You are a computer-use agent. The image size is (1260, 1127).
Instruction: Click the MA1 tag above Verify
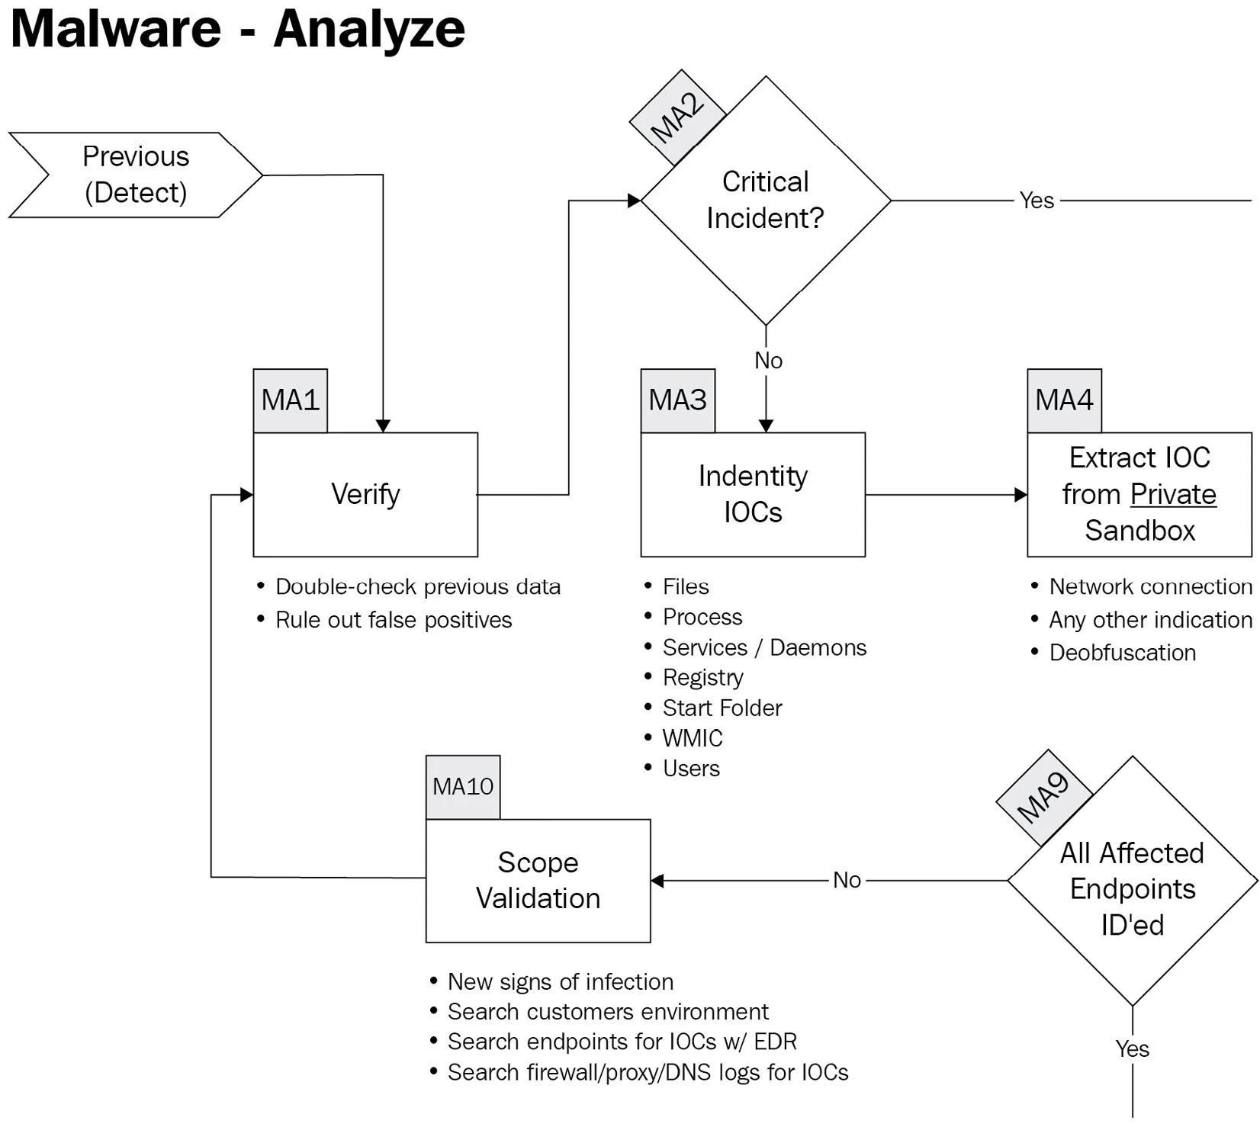pos(291,400)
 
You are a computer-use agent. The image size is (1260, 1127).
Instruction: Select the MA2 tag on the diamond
pos(677,118)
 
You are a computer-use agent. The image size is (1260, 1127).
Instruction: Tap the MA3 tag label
pos(678,400)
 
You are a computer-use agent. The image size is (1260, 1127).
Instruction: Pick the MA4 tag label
pos(1064,400)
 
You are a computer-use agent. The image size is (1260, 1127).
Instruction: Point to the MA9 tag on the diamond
pos(1044,798)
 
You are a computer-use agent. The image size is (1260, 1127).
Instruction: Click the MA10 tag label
pos(463,787)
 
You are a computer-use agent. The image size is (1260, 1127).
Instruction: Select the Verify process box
pos(365,494)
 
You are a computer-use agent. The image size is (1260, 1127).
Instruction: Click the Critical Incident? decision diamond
pos(766,201)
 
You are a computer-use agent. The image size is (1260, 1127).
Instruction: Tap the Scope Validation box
pos(538,881)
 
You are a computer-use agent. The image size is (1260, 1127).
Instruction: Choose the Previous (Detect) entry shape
pos(136,175)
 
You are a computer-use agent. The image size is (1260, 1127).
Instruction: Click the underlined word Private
pos(1173,494)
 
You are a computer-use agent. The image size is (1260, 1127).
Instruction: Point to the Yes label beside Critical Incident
pos(1037,201)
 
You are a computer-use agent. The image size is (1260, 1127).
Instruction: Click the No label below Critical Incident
pos(768,361)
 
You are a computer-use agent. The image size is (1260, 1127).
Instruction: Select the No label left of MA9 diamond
pos(847,880)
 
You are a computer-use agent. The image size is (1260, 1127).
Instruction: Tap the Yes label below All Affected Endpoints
pos(1132,1048)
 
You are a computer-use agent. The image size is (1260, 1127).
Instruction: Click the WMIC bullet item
pos(693,738)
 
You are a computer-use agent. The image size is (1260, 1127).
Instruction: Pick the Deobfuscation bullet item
pos(1122,653)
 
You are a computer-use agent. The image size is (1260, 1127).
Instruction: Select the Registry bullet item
pos(702,677)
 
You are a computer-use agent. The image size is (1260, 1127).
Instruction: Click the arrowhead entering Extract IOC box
pos(1021,495)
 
